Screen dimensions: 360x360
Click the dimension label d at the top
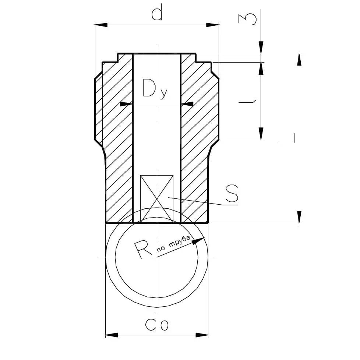tap(157, 13)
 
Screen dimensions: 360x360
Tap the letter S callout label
tap(232, 193)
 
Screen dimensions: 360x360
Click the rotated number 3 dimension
tap(247, 19)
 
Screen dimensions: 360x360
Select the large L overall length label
tap(286, 138)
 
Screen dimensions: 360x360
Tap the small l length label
tap(247, 101)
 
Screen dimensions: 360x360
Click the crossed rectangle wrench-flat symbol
tap(157, 199)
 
